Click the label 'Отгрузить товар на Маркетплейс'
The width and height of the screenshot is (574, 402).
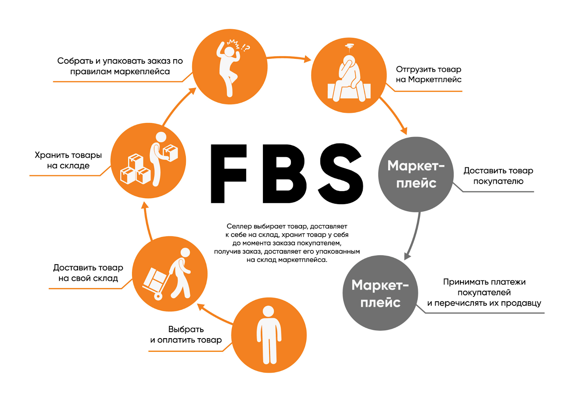tap(428, 74)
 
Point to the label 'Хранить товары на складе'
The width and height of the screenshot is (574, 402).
tap(68, 160)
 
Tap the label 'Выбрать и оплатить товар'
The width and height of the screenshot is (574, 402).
tap(186, 334)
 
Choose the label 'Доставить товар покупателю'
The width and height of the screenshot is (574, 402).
tap(498, 176)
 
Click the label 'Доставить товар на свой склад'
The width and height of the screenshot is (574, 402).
tap(88, 273)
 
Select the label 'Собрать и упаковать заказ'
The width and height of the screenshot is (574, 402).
tap(120, 66)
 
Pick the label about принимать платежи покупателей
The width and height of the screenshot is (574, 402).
tap(484, 292)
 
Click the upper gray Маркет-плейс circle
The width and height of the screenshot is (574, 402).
tap(416, 174)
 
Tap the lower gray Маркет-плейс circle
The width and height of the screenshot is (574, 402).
tap(380, 293)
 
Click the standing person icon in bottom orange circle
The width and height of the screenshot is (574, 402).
tap(269, 335)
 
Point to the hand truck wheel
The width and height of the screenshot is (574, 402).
tap(158, 296)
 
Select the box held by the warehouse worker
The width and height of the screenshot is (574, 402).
tap(170, 152)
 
